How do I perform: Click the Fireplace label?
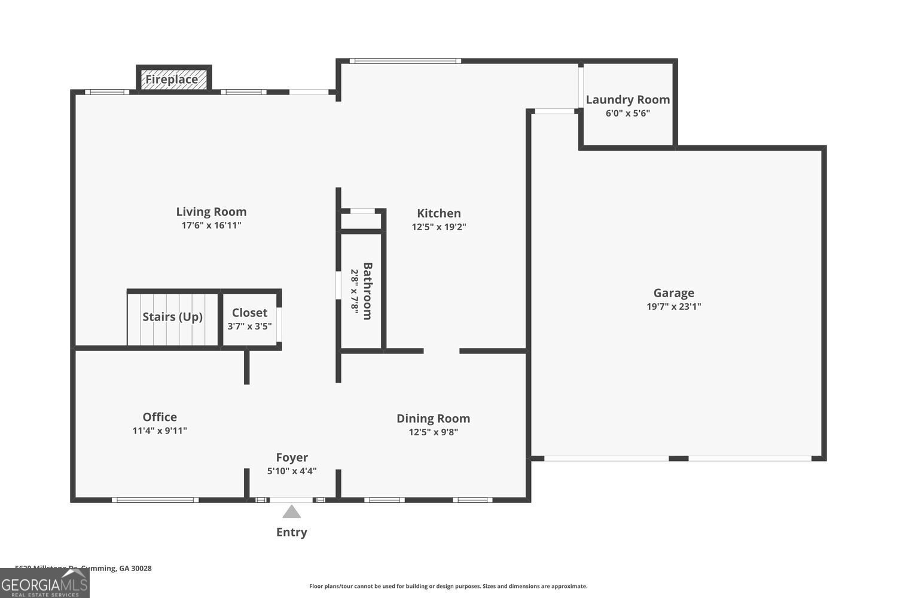[x=172, y=80]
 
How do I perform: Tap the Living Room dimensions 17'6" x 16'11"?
[x=211, y=225]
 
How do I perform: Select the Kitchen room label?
[x=438, y=213]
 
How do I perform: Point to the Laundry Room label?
[x=627, y=100]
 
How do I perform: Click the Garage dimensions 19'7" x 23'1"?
[x=673, y=307]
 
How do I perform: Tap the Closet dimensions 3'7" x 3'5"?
[x=249, y=327]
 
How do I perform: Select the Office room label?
[x=160, y=417]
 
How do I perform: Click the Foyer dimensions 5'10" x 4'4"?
[x=292, y=471]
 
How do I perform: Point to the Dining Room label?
[x=433, y=419]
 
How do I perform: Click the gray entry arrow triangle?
[x=291, y=512]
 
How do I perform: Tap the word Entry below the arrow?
[x=291, y=532]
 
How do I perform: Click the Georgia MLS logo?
[x=44, y=584]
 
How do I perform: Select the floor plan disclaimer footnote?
[x=448, y=587]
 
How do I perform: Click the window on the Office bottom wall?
[x=155, y=500]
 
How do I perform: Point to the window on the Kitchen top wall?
[x=405, y=61]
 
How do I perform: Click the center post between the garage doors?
[x=678, y=459]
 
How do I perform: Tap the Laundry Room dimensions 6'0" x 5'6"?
[x=627, y=113]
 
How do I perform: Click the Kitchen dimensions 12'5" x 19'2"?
[x=438, y=227]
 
